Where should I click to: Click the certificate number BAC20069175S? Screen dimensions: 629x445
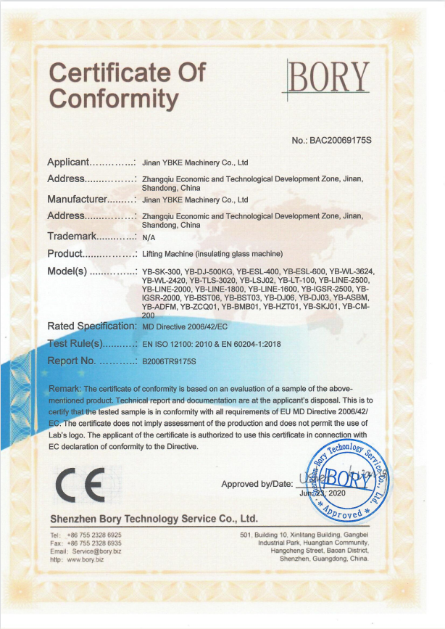(x=331, y=140)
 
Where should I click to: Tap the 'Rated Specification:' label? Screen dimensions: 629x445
(x=91, y=326)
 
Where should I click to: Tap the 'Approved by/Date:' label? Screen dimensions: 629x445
(x=257, y=483)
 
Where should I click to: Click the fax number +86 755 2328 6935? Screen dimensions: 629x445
(x=94, y=543)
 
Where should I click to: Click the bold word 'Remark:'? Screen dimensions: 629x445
(x=65, y=390)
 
